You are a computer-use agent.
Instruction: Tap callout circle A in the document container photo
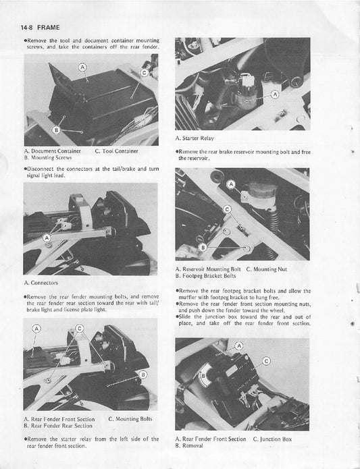coord(82,67)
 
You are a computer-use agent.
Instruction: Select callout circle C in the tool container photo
coord(143,72)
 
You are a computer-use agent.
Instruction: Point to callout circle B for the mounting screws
coord(57,128)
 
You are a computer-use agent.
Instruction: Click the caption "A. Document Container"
coord(52,150)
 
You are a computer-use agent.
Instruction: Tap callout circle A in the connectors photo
coord(47,238)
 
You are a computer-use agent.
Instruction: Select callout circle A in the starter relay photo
coord(275,94)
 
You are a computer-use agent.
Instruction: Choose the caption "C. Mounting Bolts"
coord(130,419)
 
